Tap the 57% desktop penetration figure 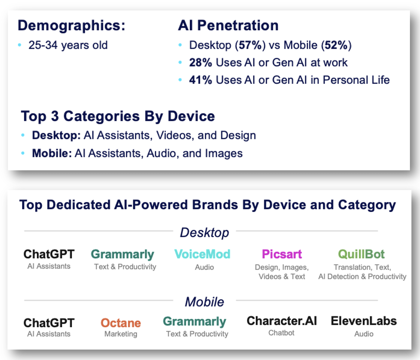(x=250, y=45)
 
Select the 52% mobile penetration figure (x=336, y=45)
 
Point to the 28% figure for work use (x=201, y=62)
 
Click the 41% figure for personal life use (x=201, y=80)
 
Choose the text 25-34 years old (x=68, y=45)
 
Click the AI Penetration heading (x=228, y=25)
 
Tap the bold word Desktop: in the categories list (x=56, y=135)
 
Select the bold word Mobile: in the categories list (x=52, y=154)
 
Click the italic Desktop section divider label (x=205, y=233)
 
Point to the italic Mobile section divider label (x=205, y=302)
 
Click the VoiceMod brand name (x=202, y=254)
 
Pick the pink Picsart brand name (x=282, y=254)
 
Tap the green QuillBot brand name (x=361, y=254)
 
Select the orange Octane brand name (x=121, y=323)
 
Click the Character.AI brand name (x=282, y=321)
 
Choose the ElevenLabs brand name (x=364, y=321)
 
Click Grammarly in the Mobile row (x=195, y=322)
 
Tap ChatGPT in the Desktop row (x=49, y=254)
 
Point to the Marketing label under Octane (x=121, y=334)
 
